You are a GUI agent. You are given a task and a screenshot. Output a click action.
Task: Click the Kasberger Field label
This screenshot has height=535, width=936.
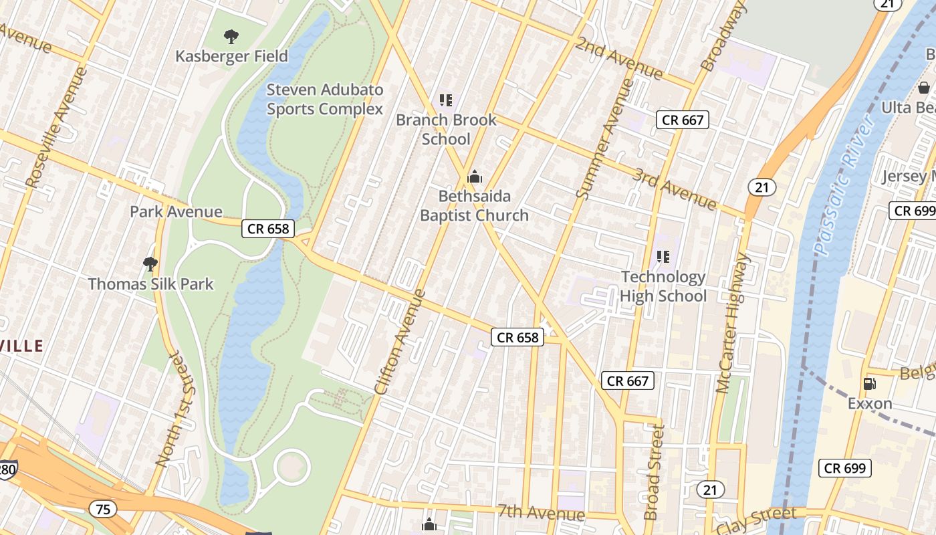[231, 56]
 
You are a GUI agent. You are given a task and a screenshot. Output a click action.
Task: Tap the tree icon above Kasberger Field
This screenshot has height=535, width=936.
[231, 36]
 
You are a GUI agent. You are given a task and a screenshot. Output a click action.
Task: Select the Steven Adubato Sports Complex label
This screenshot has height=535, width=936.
[325, 99]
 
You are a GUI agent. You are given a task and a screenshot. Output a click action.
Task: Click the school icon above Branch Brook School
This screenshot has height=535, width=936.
[446, 100]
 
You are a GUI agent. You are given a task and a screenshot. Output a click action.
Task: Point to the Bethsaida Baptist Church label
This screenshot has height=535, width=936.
[474, 206]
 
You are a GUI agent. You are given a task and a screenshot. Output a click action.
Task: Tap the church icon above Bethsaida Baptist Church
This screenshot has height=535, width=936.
[475, 177]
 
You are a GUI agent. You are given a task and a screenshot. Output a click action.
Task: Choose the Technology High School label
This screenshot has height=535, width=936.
[663, 286]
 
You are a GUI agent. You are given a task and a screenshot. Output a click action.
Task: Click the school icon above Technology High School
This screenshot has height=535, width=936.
[663, 257]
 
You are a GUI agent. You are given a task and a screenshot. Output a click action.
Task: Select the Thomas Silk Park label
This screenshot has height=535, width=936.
[151, 284]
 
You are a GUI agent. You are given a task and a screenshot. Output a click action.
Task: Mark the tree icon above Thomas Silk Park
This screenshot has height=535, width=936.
[150, 263]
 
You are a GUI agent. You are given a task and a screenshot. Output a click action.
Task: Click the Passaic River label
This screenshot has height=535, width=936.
[844, 184]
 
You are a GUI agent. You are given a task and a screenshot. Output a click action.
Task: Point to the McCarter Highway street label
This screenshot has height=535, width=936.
[733, 323]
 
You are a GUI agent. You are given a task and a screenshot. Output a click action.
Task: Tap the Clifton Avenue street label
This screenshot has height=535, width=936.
[400, 342]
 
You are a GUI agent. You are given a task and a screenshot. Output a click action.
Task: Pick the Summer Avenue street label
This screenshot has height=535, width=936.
[604, 139]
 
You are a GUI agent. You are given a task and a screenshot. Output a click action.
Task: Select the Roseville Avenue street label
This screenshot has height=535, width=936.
[56, 127]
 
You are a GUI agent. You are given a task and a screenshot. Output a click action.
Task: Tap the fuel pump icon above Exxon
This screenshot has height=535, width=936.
[869, 384]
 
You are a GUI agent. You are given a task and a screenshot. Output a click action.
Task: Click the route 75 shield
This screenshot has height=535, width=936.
[103, 509]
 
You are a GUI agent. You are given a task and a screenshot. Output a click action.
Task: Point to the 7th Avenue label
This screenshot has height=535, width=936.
[541, 513]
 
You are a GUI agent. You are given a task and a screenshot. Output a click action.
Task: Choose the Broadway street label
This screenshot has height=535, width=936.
[723, 36]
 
